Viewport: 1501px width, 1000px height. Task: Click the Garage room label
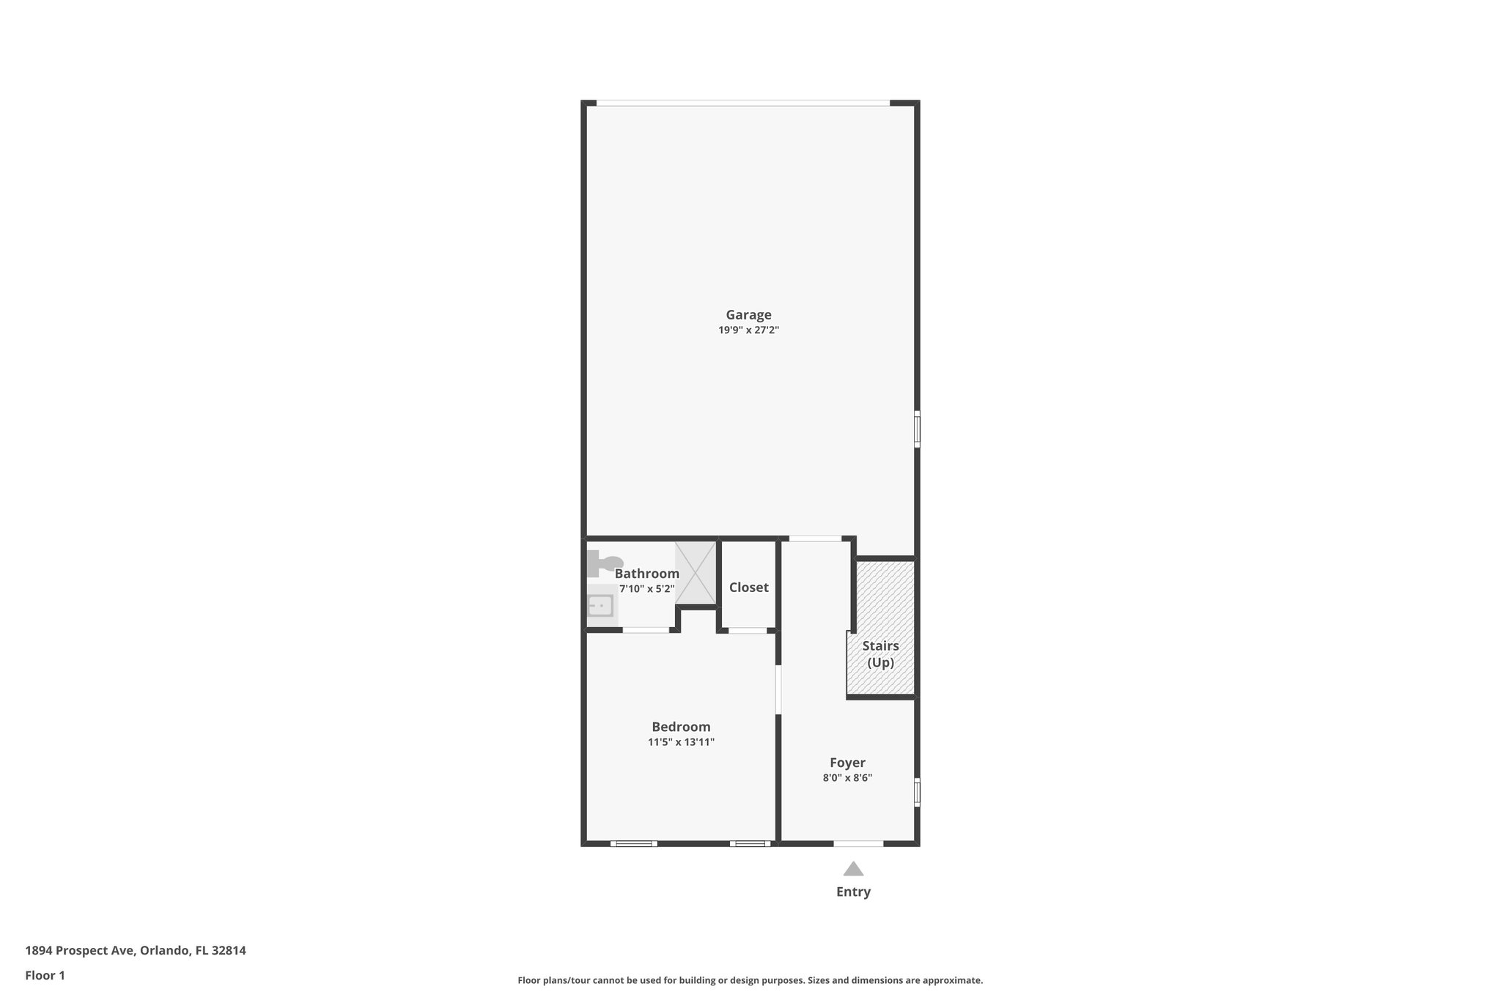coord(748,315)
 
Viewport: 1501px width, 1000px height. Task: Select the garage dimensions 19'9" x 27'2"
coord(748,330)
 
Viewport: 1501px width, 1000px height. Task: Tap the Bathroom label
coord(646,574)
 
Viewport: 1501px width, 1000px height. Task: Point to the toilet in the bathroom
coord(602,563)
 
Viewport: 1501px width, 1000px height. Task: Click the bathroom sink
coord(601,606)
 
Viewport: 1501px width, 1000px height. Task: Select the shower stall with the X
coord(696,573)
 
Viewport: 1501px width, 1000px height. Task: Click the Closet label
coord(748,588)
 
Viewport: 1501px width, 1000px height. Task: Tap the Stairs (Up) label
coord(880,654)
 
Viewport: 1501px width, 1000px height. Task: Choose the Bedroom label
coord(681,727)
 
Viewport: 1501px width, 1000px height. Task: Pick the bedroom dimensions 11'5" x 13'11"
coord(681,742)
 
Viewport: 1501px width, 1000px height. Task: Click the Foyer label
coord(847,763)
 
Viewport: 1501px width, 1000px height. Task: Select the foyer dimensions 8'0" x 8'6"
coord(847,778)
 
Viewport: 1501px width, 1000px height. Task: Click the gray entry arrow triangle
coord(853,870)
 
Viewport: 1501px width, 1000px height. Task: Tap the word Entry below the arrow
coord(853,892)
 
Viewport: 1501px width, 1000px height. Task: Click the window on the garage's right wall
coord(917,429)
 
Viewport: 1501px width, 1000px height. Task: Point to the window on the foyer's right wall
coord(917,792)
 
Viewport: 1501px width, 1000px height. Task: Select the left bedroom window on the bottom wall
coord(634,843)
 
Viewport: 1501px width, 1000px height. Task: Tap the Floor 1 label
coord(45,975)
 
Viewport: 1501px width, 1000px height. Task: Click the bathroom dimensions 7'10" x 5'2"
coord(646,589)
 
